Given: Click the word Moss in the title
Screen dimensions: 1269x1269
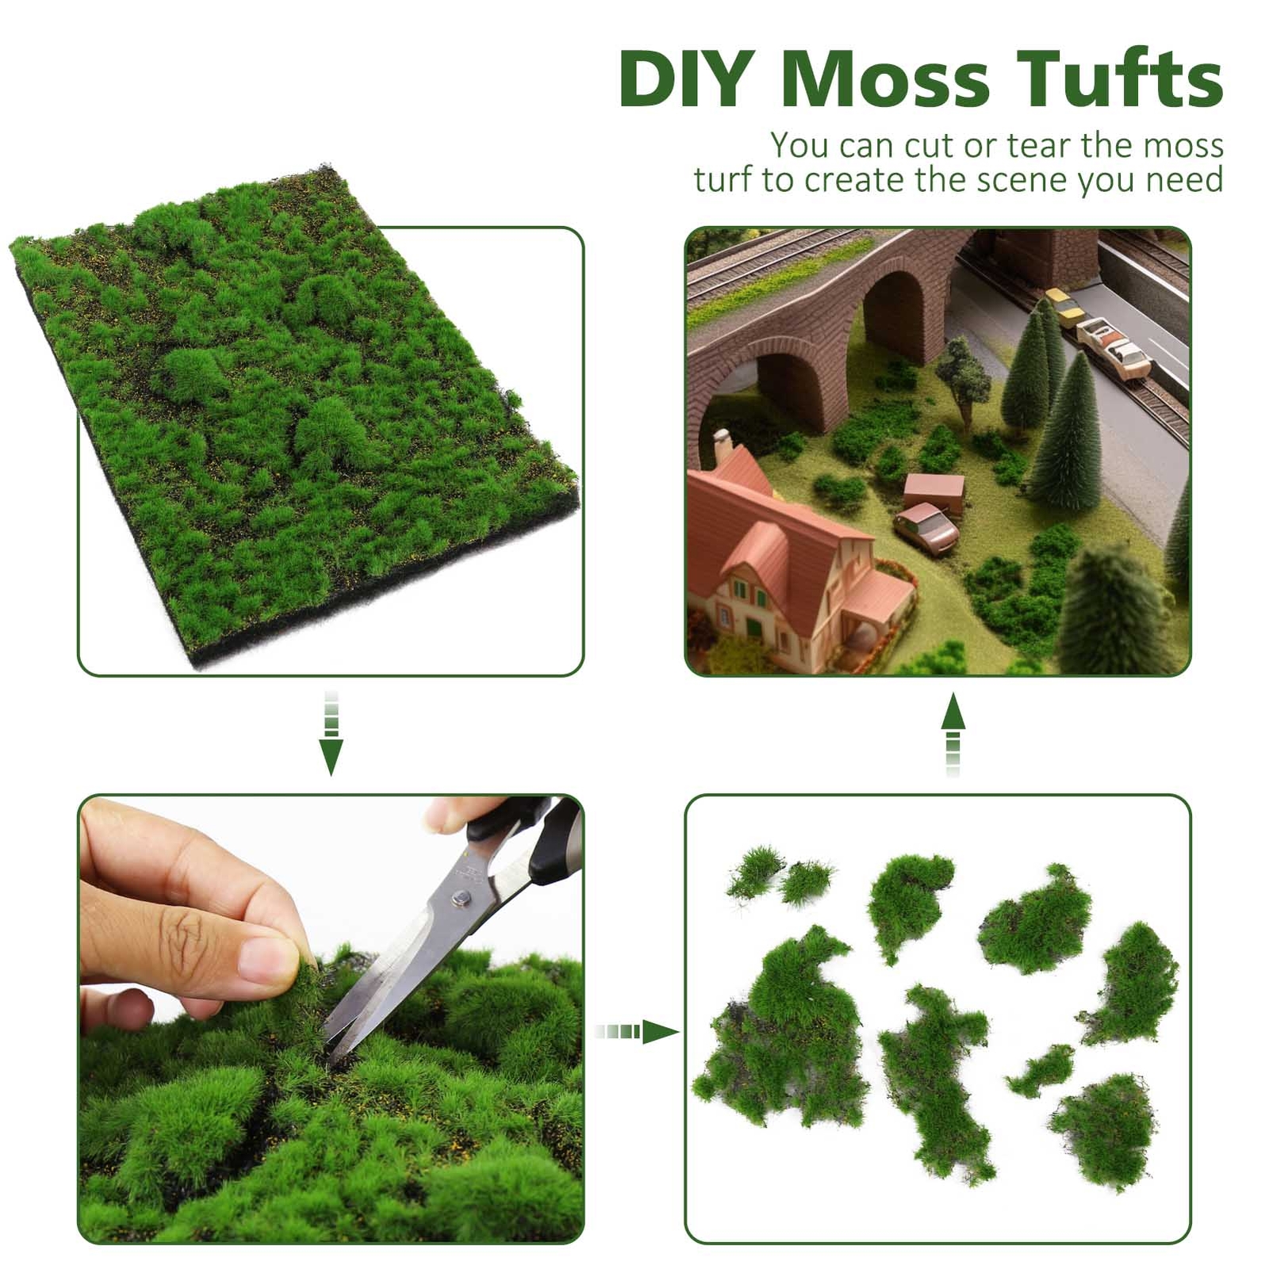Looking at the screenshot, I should (x=885, y=79).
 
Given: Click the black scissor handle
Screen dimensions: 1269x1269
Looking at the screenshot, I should (x=547, y=841).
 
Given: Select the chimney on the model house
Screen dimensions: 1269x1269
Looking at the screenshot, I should (x=723, y=445).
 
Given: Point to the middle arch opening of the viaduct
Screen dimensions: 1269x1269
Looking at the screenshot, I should (x=895, y=317).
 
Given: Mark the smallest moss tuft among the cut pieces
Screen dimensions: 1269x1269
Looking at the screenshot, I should (x=1041, y=1071).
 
